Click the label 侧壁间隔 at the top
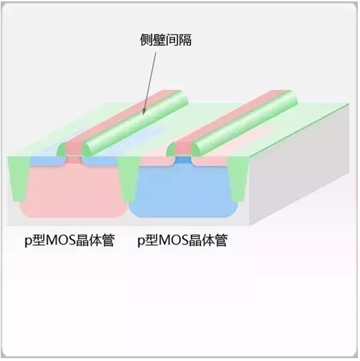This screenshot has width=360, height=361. point(166,40)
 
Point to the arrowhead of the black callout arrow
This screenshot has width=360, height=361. point(144,111)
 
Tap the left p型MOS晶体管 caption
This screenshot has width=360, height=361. point(69,240)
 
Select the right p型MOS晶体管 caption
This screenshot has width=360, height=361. point(182,240)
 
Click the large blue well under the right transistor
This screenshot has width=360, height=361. point(182,192)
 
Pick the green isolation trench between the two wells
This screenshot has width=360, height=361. point(127,178)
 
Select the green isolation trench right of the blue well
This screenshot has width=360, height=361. point(238,178)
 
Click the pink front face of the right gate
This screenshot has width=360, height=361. point(183,150)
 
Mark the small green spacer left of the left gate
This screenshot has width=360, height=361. point(61,150)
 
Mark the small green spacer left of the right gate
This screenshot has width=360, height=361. point(171,150)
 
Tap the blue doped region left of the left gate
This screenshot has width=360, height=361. point(47,161)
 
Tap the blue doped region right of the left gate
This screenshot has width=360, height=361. point(99,161)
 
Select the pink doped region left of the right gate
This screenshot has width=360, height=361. point(157,161)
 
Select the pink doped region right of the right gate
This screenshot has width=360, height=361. point(210,161)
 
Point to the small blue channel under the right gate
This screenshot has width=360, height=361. point(183,160)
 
